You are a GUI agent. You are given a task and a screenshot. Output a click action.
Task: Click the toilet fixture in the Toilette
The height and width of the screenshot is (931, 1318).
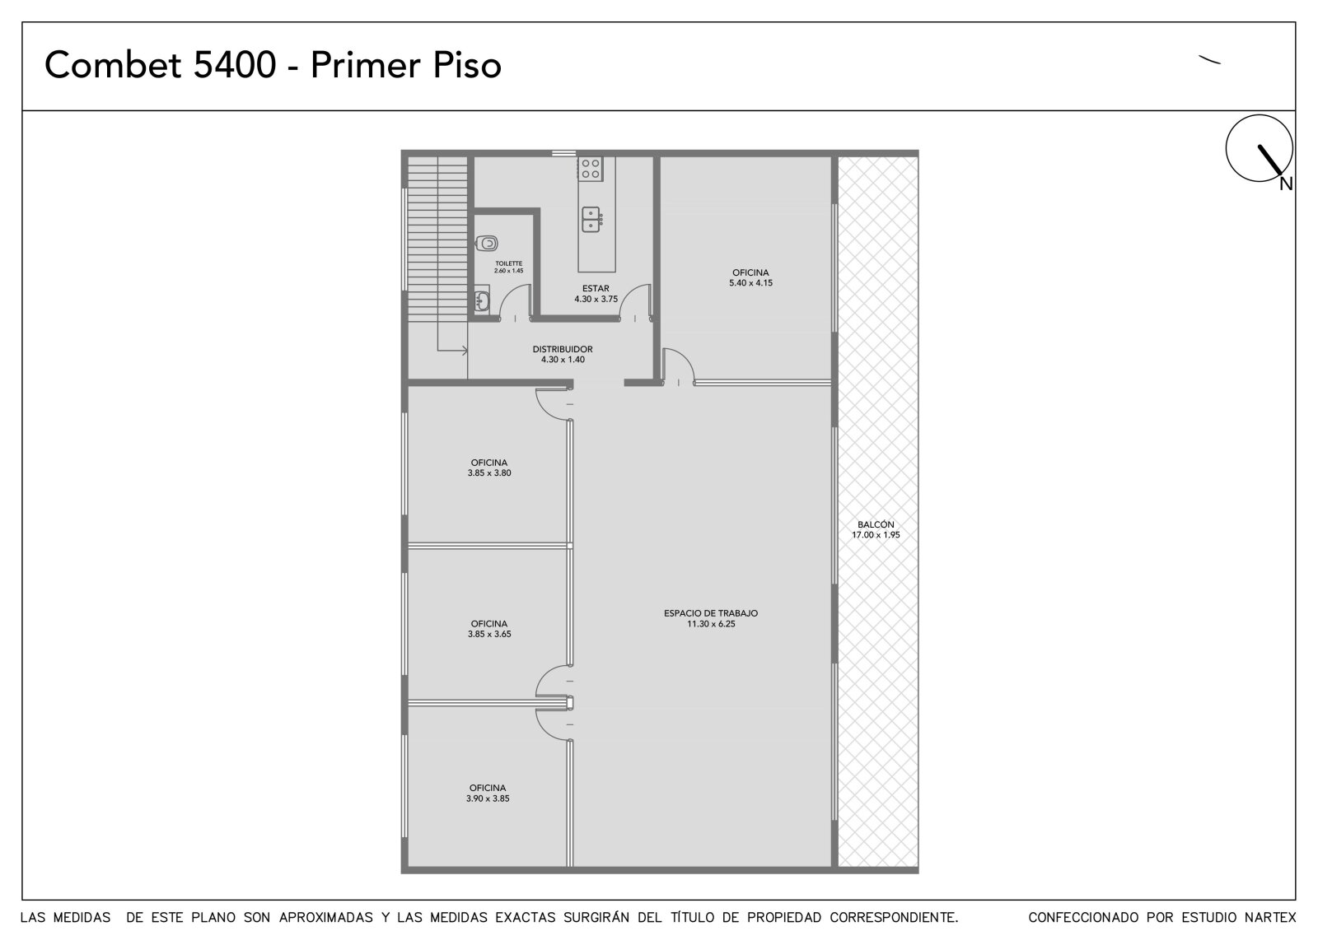(487, 243)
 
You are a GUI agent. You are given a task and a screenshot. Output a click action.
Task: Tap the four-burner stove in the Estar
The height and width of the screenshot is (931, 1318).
(590, 169)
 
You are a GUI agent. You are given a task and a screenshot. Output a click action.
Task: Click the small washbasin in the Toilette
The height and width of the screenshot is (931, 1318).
(482, 300)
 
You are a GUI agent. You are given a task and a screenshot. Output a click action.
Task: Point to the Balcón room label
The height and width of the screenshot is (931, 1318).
(876, 524)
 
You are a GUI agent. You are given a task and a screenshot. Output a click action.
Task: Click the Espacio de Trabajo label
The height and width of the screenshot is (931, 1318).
(711, 612)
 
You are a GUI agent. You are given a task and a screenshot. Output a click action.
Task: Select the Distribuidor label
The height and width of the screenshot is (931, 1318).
(563, 349)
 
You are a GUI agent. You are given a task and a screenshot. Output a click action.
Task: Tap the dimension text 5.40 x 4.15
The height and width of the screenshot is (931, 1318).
(750, 283)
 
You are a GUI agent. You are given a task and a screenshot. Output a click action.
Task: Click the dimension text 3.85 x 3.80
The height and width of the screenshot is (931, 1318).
(489, 472)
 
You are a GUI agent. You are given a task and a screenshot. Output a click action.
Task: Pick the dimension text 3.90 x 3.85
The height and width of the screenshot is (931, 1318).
(488, 798)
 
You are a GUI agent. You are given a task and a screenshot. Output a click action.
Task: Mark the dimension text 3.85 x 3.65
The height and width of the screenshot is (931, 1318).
(489, 634)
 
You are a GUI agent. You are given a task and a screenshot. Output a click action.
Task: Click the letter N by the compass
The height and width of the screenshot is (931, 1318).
(1286, 184)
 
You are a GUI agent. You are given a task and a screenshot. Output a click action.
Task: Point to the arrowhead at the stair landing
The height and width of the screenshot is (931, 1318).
(465, 351)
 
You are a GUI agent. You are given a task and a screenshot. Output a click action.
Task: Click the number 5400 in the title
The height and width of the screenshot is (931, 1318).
(235, 65)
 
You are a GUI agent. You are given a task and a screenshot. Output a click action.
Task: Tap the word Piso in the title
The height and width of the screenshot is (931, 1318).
(467, 65)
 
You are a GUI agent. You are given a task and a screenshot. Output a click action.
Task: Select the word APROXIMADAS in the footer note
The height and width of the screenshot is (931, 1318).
(326, 918)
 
